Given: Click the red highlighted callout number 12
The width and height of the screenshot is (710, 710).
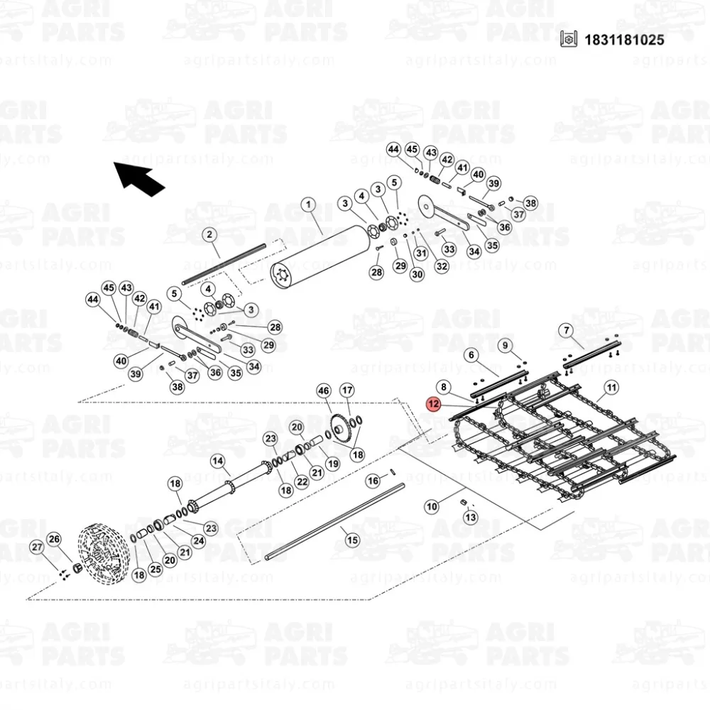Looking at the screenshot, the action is [433, 403].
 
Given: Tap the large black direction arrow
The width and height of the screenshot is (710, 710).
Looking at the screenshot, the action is [139, 179].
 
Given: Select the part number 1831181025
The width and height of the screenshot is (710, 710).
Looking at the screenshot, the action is [624, 40].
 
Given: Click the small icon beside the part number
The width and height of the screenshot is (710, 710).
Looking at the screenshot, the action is [569, 39].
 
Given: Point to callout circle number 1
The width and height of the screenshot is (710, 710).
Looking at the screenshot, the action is [308, 204].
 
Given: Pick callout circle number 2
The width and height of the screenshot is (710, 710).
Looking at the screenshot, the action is [209, 234].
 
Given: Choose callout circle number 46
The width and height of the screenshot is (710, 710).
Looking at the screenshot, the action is [323, 390].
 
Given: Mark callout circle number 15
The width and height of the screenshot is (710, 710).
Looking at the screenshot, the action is [352, 540].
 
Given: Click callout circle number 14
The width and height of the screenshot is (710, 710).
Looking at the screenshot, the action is [218, 461].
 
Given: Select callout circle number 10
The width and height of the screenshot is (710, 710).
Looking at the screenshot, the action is [432, 506].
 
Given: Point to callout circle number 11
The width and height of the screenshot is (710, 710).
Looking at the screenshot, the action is [611, 388].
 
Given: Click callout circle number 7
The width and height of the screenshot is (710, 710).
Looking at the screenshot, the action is [566, 331].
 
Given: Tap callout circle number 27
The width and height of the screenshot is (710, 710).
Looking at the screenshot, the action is [37, 547].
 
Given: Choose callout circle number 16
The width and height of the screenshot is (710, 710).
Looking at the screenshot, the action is [373, 481].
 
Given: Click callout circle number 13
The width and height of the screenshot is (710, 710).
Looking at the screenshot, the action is [471, 517].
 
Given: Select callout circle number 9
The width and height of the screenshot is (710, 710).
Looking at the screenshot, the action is [506, 346].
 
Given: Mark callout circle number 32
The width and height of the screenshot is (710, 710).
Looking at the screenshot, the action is [442, 266].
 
